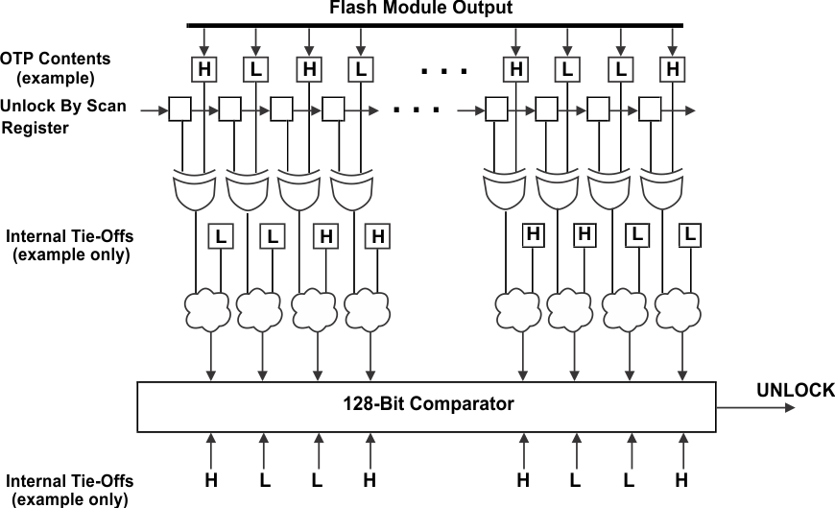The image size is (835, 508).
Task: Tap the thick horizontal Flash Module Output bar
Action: point(435,25)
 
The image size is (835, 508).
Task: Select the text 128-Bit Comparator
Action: point(429,404)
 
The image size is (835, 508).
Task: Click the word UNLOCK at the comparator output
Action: point(795,390)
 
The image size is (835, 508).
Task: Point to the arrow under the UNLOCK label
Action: point(758,407)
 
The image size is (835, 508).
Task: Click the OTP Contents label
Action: point(56,60)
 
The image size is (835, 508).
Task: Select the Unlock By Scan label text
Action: point(63,106)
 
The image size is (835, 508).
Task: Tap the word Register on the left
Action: point(35,128)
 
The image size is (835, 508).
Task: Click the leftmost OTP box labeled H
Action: point(203,69)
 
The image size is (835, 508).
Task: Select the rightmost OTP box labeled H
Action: point(672,69)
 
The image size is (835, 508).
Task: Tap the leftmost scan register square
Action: point(179,110)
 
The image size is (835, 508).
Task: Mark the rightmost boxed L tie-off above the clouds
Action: point(689,233)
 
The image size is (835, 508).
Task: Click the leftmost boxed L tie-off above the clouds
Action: point(221,235)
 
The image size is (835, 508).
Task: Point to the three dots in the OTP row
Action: point(442,70)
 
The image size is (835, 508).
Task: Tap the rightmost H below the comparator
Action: point(681,478)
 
